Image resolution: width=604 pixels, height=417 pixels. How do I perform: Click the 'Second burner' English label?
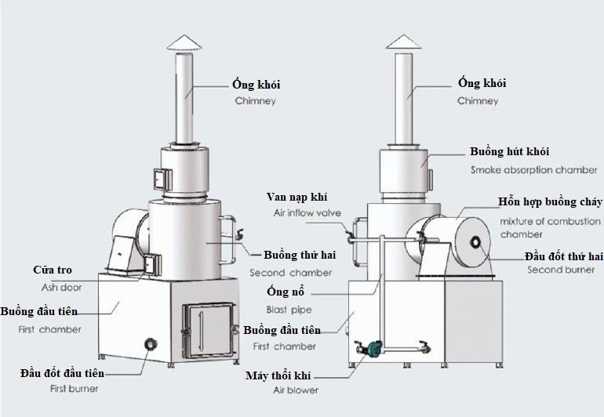pos(555,270)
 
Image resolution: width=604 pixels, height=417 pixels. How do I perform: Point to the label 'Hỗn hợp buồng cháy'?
pos(551,201)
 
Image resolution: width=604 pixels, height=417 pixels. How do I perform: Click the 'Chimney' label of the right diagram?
pos(477,101)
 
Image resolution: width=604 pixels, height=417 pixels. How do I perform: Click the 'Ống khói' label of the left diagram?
pos(256,85)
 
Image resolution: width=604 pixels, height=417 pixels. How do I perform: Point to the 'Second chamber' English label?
pos(290,273)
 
